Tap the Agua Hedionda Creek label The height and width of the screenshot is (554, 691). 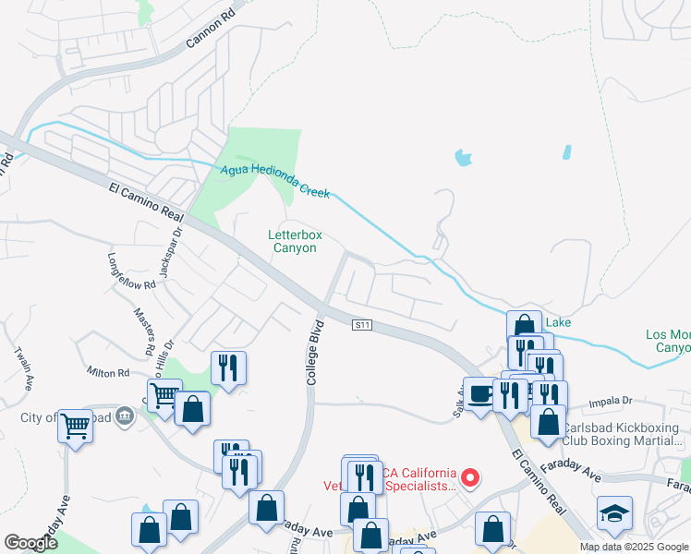[275, 181]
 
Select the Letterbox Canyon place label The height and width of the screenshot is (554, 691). [296, 241]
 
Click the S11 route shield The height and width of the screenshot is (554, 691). [363, 325]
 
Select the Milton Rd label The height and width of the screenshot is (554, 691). [108, 373]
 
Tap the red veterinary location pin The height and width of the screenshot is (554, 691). [470, 476]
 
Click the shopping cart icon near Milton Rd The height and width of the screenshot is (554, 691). [164, 396]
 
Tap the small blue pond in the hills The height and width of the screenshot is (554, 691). [463, 157]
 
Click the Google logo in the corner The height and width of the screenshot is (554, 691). [30, 542]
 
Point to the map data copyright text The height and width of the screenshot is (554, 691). [633, 547]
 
